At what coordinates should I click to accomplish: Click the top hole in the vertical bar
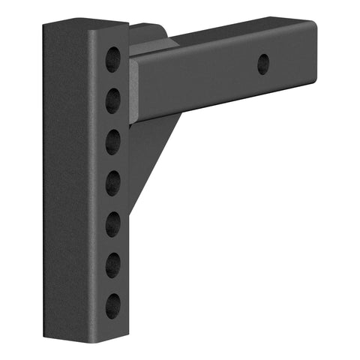click(x=112, y=58)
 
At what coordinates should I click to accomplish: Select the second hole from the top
click(x=112, y=99)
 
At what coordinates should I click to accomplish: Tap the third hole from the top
click(x=112, y=140)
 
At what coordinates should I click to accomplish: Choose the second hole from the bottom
click(x=112, y=264)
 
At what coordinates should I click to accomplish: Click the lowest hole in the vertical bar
click(x=112, y=304)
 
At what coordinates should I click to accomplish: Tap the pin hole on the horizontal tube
click(x=263, y=64)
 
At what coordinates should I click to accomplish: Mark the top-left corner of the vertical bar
click(x=45, y=25)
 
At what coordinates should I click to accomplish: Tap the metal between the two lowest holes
click(x=112, y=284)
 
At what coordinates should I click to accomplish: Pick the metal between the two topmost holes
click(x=112, y=78)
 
